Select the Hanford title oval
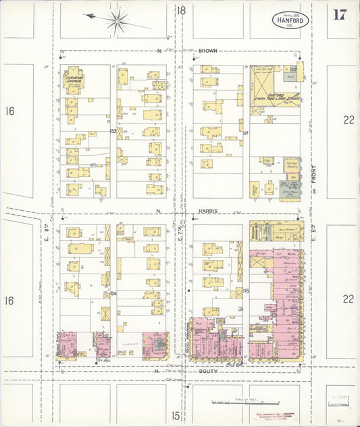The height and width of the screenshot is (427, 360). pyautogui.click(x=292, y=20)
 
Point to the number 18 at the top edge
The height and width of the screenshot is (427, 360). pyautogui.click(x=181, y=10)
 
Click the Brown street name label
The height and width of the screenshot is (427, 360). pyautogui.click(x=207, y=51)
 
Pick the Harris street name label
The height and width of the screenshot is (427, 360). pyautogui.click(x=208, y=211)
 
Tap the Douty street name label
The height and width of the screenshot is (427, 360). pyautogui.click(x=207, y=371)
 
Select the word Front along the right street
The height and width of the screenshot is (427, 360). pyautogui.click(x=314, y=176)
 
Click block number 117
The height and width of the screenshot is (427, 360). pyautogui.click(x=246, y=133)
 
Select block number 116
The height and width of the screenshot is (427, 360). pyautogui.click(x=247, y=291)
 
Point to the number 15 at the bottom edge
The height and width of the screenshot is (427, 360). pyautogui.click(x=176, y=416)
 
